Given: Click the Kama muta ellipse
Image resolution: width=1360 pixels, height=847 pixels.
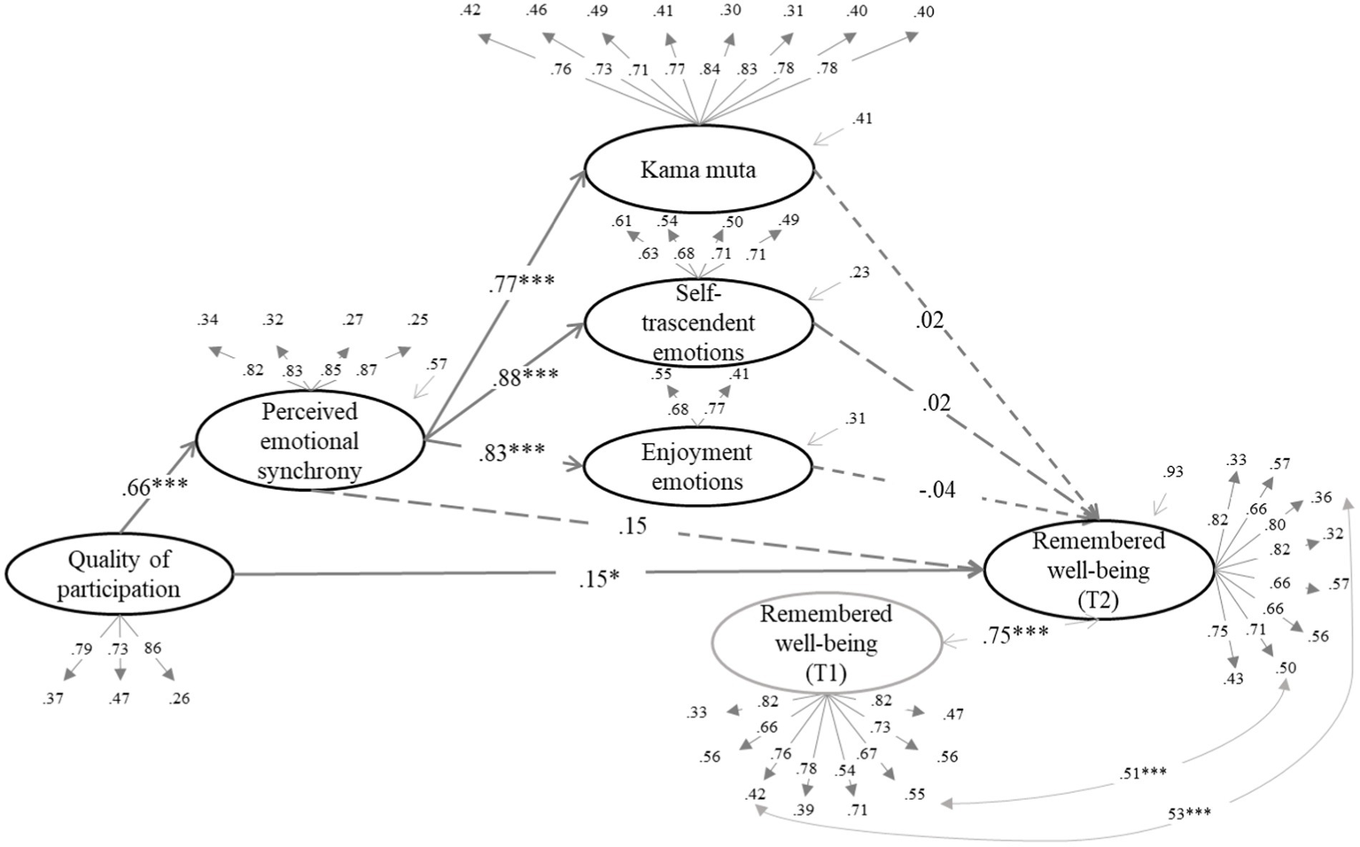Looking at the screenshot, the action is coord(698,169).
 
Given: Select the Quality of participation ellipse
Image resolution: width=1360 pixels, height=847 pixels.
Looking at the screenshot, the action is coord(119,574).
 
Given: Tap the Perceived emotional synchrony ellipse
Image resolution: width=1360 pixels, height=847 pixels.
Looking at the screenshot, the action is coord(309,441).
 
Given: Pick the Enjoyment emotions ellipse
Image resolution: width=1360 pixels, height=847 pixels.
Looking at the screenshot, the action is coord(697,467).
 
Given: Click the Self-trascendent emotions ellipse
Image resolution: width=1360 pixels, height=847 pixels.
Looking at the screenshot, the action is coord(697,322).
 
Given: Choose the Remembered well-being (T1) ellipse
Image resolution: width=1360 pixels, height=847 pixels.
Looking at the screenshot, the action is coord(826,643).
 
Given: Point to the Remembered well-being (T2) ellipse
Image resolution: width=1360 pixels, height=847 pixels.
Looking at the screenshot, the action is coord(1098,570).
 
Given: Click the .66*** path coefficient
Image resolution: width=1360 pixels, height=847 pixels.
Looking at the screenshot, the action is coord(155,487).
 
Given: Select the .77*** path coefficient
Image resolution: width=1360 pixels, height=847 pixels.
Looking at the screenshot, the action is coord(521,284).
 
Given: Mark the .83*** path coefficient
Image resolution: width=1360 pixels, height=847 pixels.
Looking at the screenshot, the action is coord(511,453).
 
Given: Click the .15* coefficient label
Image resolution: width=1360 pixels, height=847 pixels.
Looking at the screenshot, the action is coord(599,579).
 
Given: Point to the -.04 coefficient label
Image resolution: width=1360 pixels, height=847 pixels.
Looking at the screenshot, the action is coord(936,489).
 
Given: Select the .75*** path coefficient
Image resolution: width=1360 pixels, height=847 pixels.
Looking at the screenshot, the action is coord(1015,634).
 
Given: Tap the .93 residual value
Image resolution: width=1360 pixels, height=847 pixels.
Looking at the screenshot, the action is coord(1172,472).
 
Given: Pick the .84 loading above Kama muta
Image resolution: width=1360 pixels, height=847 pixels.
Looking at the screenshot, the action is coord(709,69).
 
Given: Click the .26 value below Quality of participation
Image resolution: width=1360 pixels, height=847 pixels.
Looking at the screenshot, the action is coord(179,699).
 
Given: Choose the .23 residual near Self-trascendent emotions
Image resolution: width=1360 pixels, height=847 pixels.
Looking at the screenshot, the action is coord(859,273).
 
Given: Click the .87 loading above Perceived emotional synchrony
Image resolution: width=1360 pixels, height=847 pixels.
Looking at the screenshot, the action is coord(367,369).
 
